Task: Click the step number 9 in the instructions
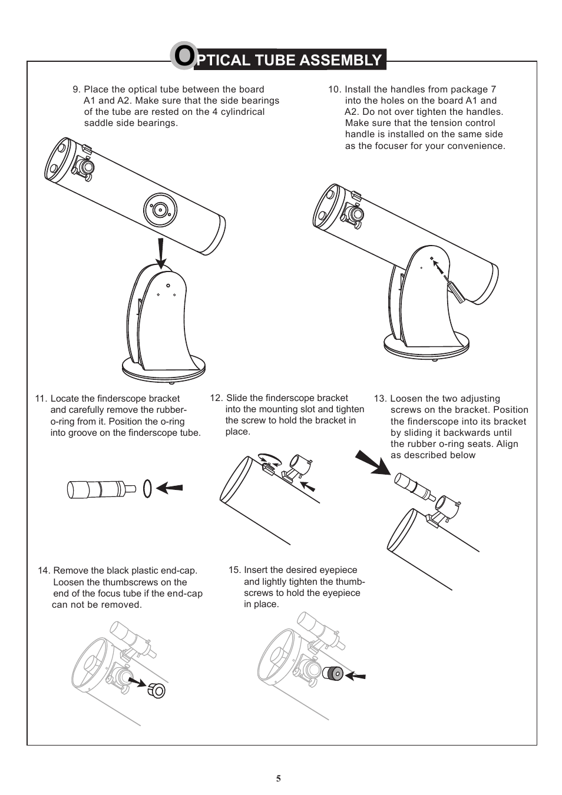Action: point(76,90)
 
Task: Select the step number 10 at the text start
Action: point(334,90)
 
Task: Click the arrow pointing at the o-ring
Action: point(170,488)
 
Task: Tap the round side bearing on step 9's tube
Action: point(160,209)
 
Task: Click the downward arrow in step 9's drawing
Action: point(161,253)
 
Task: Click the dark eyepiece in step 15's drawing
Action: point(333,673)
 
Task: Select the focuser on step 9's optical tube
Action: point(83,166)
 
